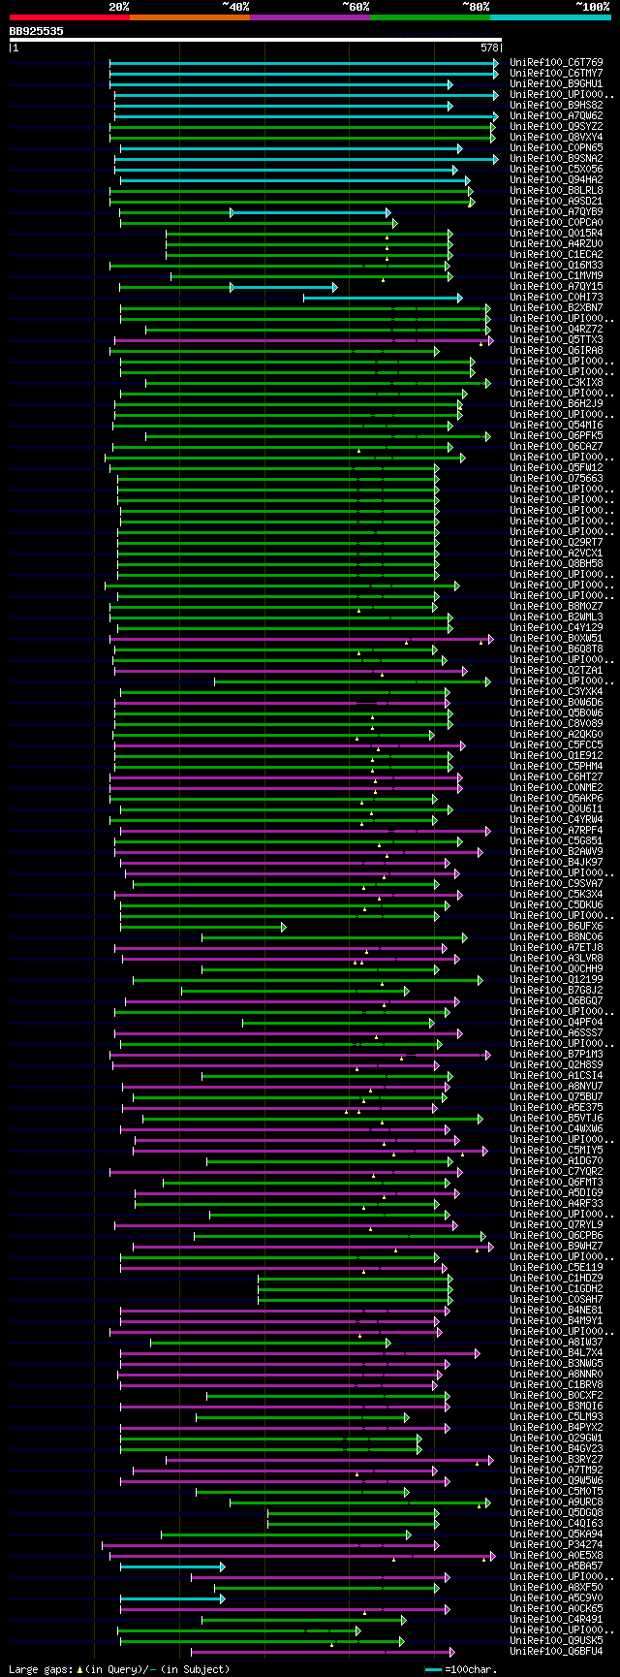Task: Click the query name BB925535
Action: click(37, 31)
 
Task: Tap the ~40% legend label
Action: click(235, 6)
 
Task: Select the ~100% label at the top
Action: click(592, 6)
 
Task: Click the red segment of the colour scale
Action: click(69, 16)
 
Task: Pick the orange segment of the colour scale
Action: click(189, 16)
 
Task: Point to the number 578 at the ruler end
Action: click(489, 47)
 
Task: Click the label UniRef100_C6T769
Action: click(556, 63)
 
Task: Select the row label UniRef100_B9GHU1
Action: click(556, 84)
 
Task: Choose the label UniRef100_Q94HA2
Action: click(556, 180)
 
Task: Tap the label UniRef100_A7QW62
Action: click(556, 116)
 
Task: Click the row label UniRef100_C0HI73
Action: click(556, 298)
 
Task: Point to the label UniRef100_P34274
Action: click(556, 1545)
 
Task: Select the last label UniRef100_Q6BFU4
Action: click(556, 1651)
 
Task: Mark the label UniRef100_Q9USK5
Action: click(556, 1640)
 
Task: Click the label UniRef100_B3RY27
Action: click(556, 1459)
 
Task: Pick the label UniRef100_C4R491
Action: click(556, 1619)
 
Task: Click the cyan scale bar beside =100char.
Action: click(433, 1669)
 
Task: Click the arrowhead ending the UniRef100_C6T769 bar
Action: click(495, 63)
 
